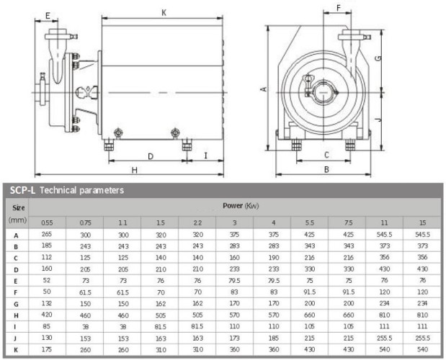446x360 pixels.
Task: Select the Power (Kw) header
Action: [x=241, y=206]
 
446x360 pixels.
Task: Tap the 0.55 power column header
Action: [x=47, y=222]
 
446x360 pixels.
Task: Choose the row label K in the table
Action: [x=16, y=349]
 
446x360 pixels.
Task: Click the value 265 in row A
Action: [x=47, y=234]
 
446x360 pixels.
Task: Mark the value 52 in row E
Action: [x=47, y=280]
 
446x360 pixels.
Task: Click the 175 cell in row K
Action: [x=47, y=349]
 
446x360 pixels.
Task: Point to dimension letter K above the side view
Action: [x=164, y=12]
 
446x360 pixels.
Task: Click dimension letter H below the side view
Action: [x=135, y=170]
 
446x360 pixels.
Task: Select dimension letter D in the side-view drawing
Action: [x=150, y=156]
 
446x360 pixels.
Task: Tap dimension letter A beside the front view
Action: [x=264, y=89]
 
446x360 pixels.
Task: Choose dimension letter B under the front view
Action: [x=326, y=170]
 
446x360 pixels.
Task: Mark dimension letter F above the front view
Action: [x=338, y=9]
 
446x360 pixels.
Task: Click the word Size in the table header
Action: [x=16, y=207]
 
